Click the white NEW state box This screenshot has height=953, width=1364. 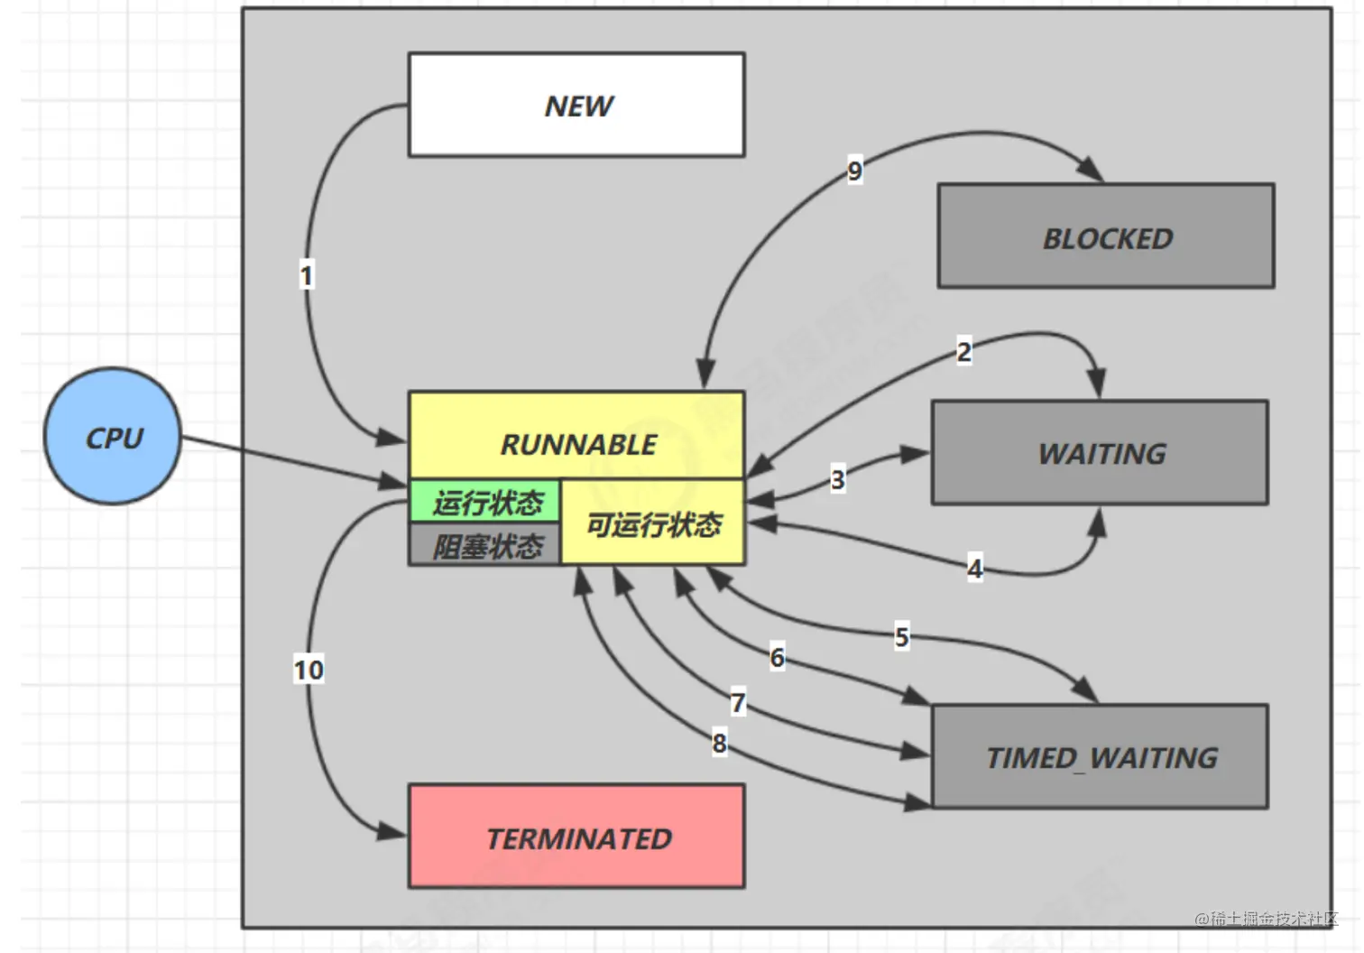576,105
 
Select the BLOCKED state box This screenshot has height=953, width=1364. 1106,236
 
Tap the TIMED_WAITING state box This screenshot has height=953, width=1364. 1100,756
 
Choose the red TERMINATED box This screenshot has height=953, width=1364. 576,837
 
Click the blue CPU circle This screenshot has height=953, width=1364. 113,437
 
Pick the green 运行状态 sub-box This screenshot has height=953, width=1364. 486,502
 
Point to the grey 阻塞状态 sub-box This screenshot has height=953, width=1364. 486,546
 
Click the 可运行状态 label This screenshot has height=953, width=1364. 654,523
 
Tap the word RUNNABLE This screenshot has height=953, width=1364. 578,444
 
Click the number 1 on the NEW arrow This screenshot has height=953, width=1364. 307,275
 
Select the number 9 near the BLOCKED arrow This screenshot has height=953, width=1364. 854,170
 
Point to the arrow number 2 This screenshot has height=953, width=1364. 963,351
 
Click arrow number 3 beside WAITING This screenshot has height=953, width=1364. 837,479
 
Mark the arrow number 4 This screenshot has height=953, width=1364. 974,569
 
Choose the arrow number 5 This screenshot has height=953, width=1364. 901,636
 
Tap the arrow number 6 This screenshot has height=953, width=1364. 777,657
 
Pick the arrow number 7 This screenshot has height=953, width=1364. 738,702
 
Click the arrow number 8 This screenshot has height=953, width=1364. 719,743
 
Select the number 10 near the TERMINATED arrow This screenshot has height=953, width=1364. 308,670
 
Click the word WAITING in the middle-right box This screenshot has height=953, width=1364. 1101,453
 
